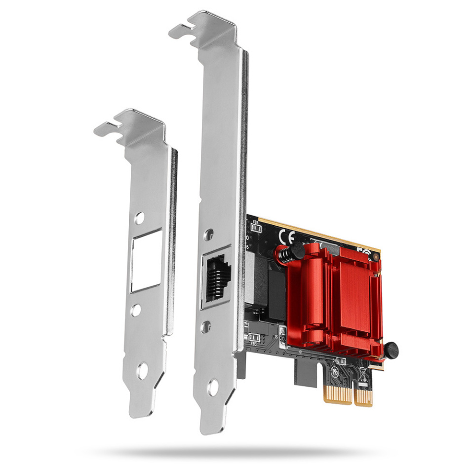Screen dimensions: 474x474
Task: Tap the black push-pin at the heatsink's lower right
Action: click(391, 350)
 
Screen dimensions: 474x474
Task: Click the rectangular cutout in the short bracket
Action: click(146, 260)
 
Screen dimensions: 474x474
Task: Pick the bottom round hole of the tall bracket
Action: click(213, 387)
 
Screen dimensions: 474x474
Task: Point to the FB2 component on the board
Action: click(256, 228)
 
